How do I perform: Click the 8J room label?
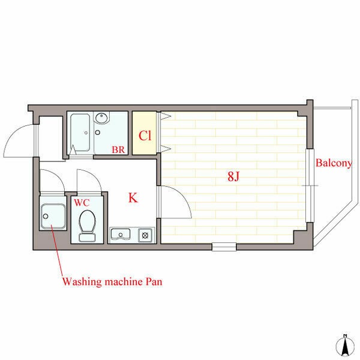tap(233, 176)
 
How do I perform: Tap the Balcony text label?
tap(334, 163)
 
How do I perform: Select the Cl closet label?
tap(145, 136)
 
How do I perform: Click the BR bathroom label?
tap(118, 149)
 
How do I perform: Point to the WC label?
tap(82, 203)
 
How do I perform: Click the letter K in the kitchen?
tap(133, 197)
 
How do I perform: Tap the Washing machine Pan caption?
tap(112, 282)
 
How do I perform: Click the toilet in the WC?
tap(87, 226)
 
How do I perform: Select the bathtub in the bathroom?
tap(80, 133)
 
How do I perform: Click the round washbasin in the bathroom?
tap(101, 118)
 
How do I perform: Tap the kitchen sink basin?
tap(121, 234)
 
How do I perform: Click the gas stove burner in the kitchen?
tap(145, 235)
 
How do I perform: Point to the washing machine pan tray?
tap(53, 216)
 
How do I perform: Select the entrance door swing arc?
tap(11, 136)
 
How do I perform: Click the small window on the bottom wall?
tap(224, 247)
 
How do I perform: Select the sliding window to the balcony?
tap(310, 185)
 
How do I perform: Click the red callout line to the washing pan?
tap(57, 251)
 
